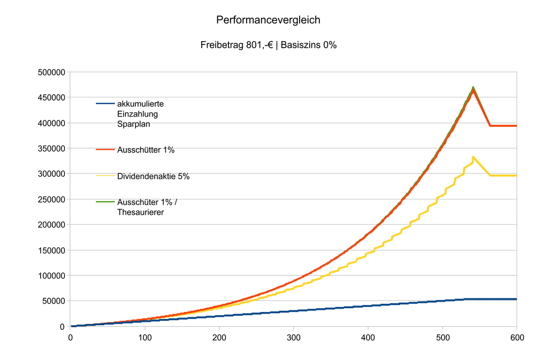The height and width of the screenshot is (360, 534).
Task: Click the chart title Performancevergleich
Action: pos(268,20)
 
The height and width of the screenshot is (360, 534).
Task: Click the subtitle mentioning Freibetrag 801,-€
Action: pos(268,45)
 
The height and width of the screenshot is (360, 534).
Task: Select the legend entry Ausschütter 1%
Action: pos(146,150)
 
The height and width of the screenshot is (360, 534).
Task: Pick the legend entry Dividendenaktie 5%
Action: pos(153,177)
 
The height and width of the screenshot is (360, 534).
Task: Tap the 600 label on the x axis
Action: pos(516,338)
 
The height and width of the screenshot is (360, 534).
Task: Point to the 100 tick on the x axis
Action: pos(145,338)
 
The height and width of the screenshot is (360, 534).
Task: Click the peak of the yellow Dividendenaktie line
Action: pos(473,157)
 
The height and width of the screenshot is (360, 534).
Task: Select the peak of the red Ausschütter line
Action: pos(473,89)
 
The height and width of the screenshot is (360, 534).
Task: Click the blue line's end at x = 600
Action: pos(516,299)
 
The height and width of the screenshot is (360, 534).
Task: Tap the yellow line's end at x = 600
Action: pos(516,175)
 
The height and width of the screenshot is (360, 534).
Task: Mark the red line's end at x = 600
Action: pos(516,126)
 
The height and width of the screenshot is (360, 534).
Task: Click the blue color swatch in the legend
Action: pos(105,104)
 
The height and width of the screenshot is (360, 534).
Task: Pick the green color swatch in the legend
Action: pos(105,202)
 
